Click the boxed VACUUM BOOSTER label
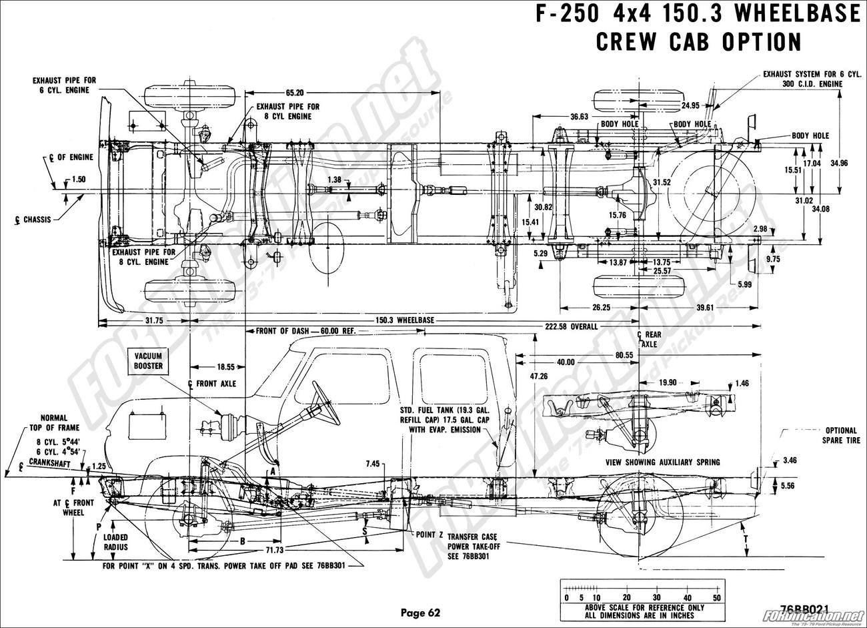coord(148,361)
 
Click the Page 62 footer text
coord(420,612)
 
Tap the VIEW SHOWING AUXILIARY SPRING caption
coord(662,462)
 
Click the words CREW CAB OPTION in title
coord(698,41)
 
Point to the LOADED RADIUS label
coord(115,541)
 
